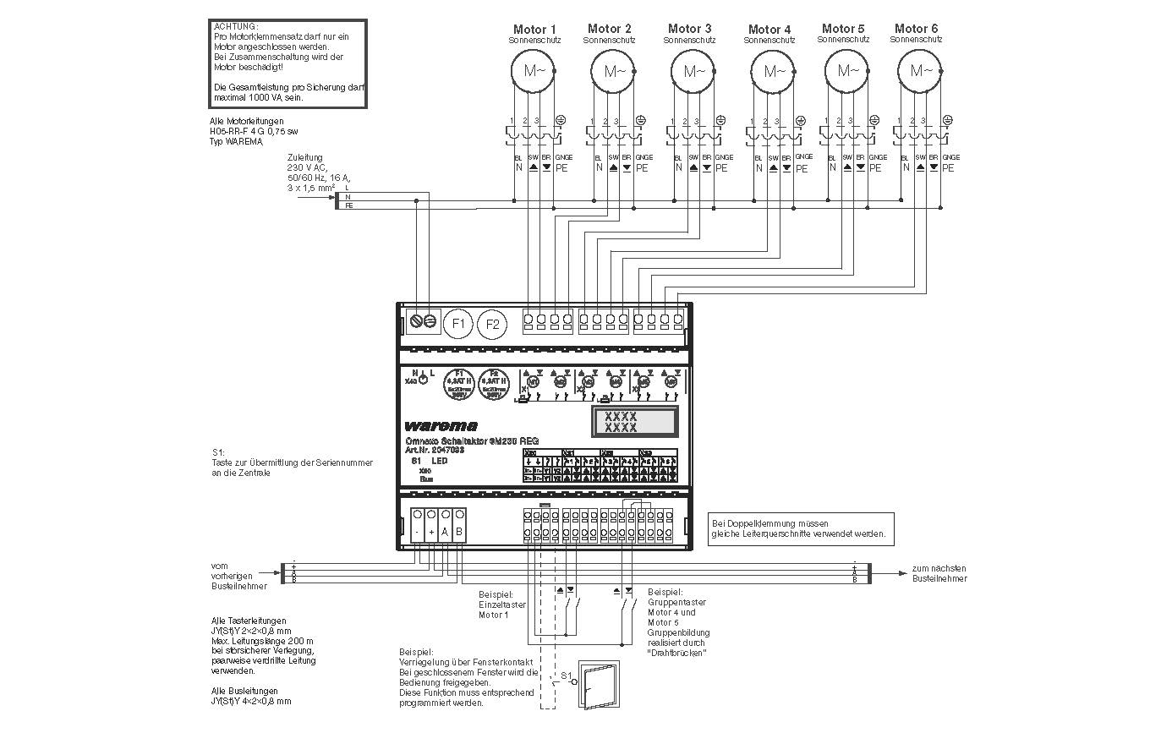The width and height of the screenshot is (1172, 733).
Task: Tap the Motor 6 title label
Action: [x=916, y=29]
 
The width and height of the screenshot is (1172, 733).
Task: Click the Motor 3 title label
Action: [x=689, y=29]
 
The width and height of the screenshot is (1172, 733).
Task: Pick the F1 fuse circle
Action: [x=458, y=323]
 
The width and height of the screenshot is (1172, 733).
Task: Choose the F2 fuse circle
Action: [x=492, y=323]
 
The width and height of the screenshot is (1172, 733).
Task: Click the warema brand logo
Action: [x=441, y=425]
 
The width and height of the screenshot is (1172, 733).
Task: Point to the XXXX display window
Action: [x=634, y=421]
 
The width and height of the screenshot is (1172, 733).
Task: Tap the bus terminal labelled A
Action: [x=445, y=532]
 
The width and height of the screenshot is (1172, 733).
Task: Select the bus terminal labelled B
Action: [x=459, y=532]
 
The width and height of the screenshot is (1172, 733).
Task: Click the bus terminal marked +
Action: [x=431, y=532]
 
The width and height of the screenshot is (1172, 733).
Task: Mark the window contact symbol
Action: [x=598, y=682]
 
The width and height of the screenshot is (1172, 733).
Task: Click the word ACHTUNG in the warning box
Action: [x=237, y=27]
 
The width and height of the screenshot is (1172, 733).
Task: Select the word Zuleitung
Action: [x=304, y=157]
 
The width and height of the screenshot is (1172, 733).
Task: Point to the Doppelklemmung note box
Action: [x=800, y=528]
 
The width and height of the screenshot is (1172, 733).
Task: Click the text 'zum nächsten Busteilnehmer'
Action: [x=939, y=573]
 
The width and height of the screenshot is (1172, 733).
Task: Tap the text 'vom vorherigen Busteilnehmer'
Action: [x=239, y=576]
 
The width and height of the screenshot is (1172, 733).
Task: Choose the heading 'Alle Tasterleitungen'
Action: [x=249, y=621]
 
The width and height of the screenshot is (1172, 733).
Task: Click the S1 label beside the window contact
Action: [x=566, y=676]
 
